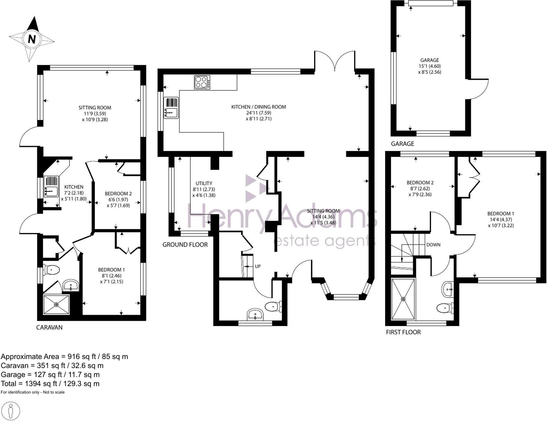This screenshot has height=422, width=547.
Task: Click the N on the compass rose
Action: [x=32, y=39]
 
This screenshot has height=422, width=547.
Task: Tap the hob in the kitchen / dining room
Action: [x=202, y=82]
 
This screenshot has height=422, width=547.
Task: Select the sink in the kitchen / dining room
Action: [x=171, y=108]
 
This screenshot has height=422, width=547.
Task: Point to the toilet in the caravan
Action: [x=51, y=270]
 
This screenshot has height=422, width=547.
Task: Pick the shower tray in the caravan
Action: [x=56, y=304]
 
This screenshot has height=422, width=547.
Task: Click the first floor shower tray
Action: [x=403, y=299]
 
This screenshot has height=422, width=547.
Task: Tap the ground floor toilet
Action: [x=273, y=306]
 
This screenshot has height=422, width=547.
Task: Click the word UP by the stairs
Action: [x=258, y=266]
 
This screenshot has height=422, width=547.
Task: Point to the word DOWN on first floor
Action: [x=433, y=245]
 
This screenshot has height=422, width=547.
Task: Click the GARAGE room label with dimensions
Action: [x=430, y=66]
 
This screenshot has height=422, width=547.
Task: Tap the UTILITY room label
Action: [x=204, y=189]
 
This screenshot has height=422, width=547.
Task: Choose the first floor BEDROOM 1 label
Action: [x=501, y=219]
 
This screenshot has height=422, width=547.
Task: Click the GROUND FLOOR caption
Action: [x=185, y=245]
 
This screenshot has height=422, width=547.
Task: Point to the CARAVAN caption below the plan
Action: [x=49, y=328]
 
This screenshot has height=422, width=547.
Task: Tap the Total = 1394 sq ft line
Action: [x=50, y=384]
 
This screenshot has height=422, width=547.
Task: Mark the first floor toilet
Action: [x=445, y=308]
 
